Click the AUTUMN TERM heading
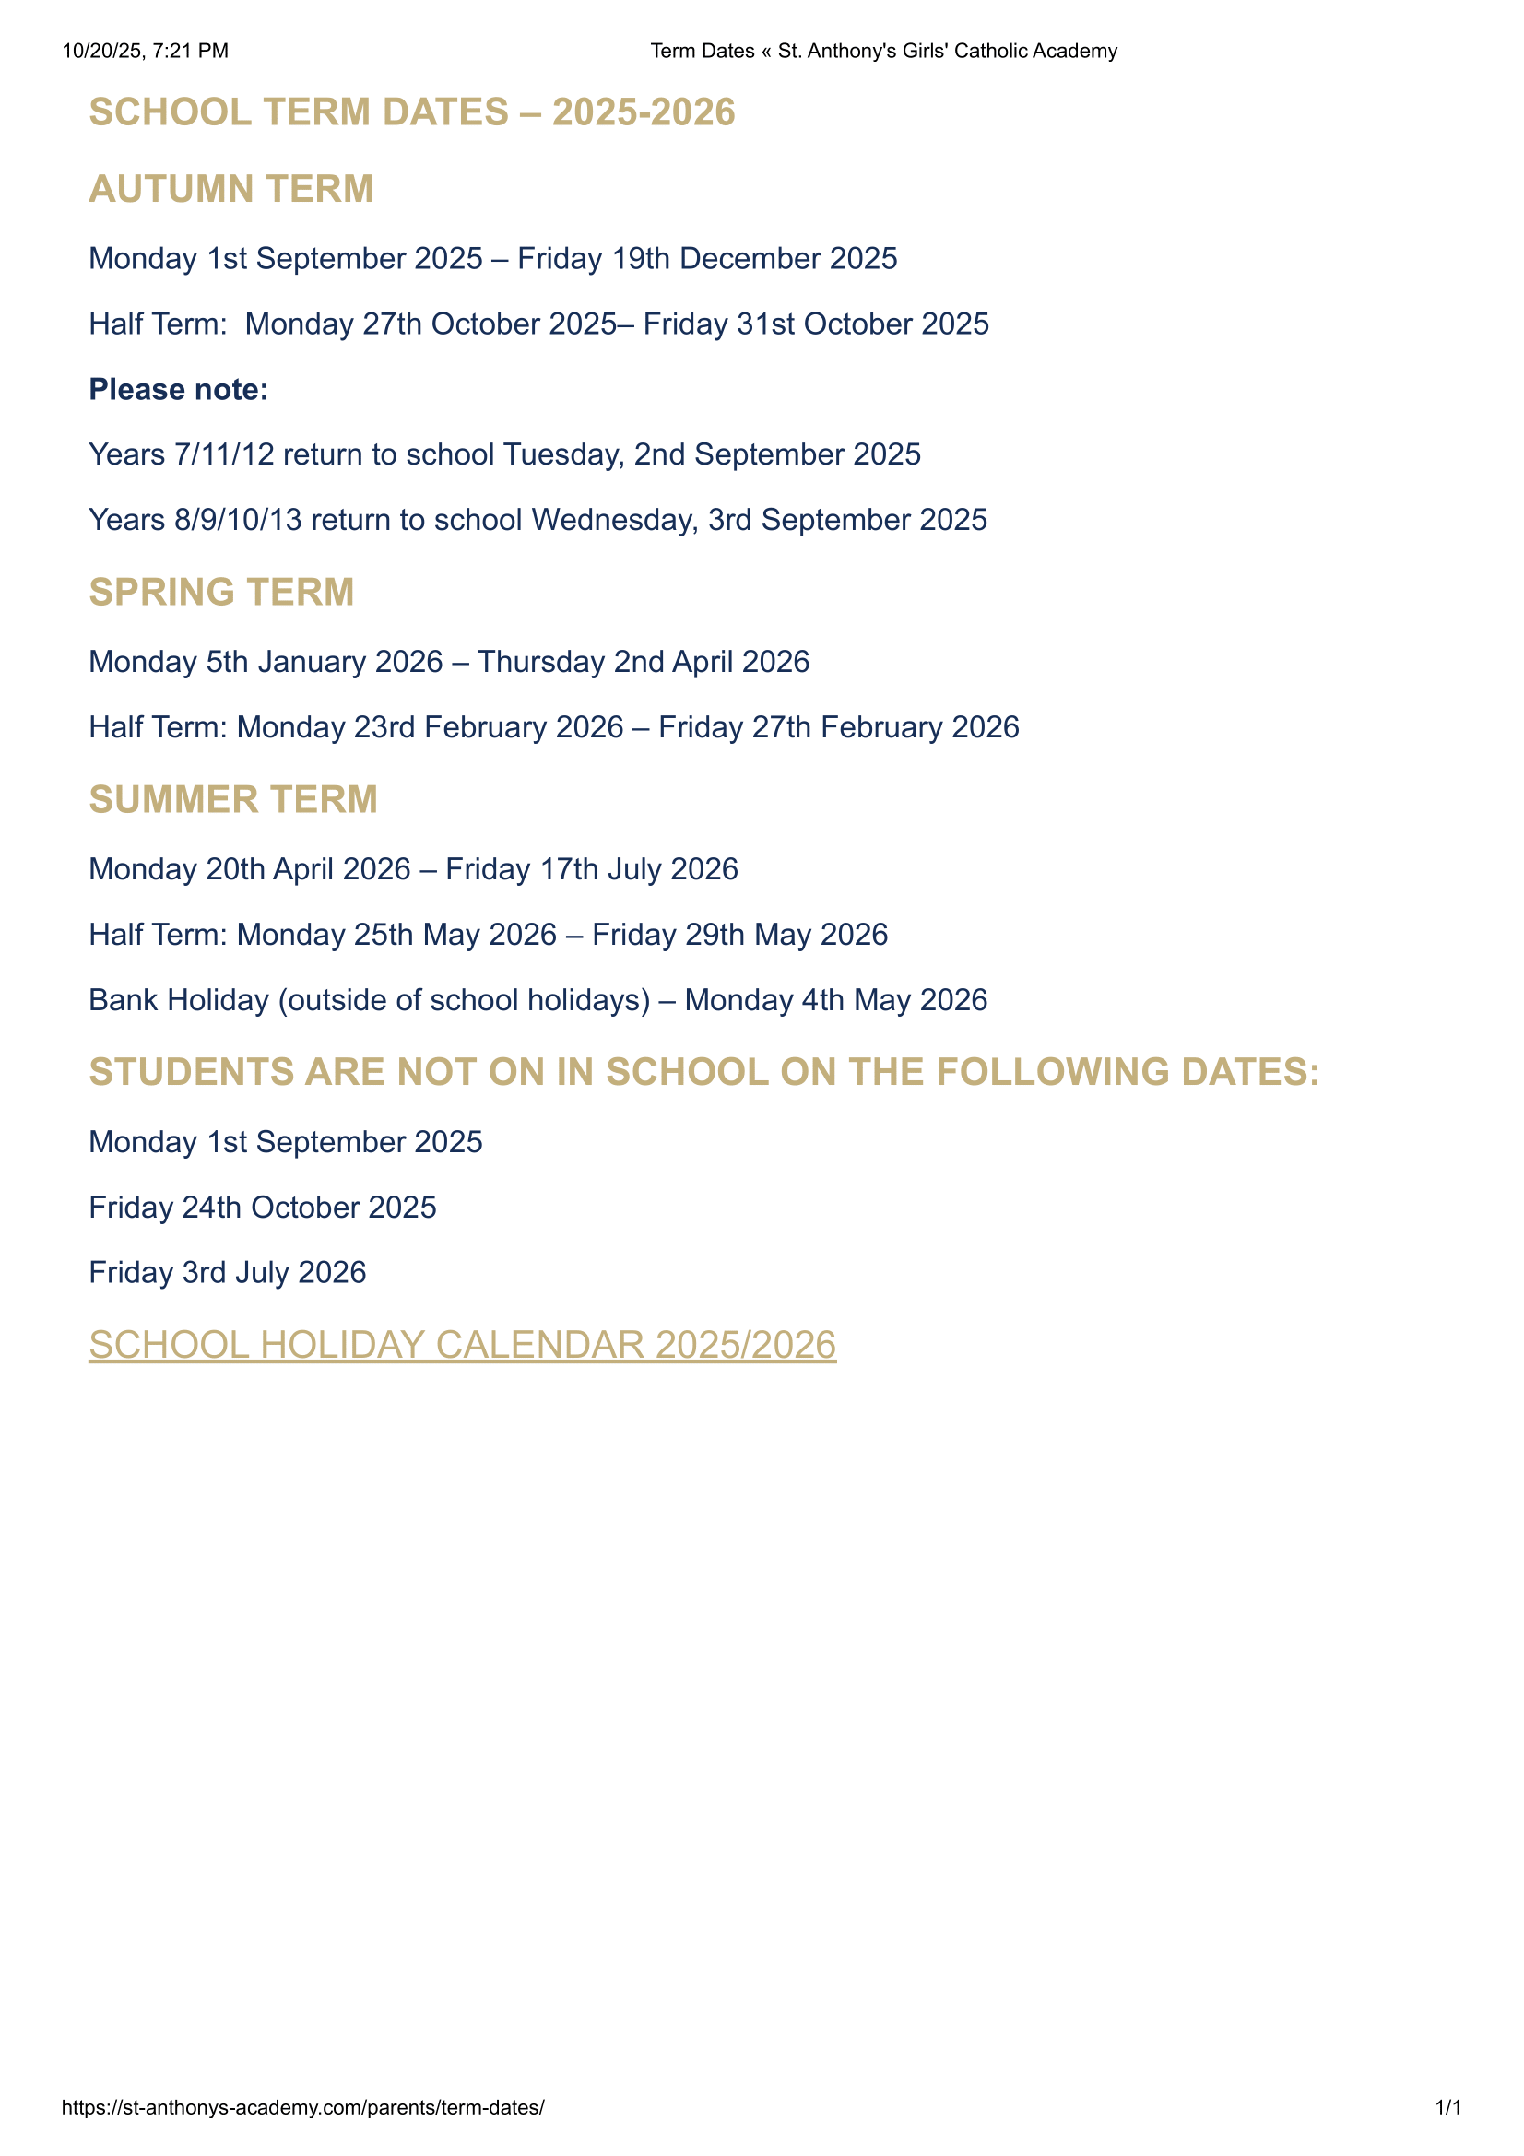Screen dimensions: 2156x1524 click(x=231, y=189)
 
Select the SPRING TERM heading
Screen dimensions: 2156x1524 click(x=221, y=592)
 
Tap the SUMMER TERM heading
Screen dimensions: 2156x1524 click(x=233, y=799)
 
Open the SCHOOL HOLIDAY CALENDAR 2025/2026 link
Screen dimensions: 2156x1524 click(x=462, y=1344)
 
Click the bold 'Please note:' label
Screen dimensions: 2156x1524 click(x=179, y=389)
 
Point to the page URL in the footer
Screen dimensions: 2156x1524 click(x=302, y=2107)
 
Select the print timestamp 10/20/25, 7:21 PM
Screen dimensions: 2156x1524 click(x=146, y=51)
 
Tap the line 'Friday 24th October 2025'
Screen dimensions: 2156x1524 click(x=262, y=1207)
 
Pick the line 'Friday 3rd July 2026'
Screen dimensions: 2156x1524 click(x=227, y=1271)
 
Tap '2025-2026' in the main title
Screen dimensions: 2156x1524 click(x=644, y=112)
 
